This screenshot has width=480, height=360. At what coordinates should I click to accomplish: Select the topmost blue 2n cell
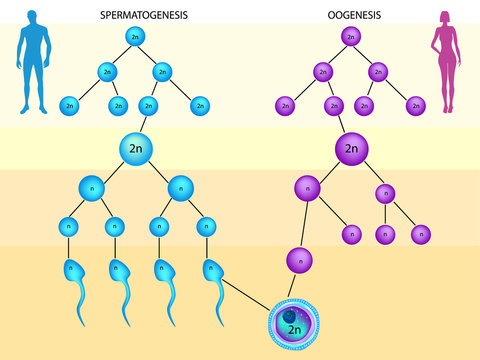[x=136, y=37]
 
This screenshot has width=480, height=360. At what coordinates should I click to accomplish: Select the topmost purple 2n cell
[x=349, y=37]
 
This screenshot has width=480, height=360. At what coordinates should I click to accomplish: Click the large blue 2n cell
[x=136, y=149]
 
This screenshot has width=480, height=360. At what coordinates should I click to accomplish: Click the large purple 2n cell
[x=350, y=149]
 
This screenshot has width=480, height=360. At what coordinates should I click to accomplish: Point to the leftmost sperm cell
[x=71, y=271]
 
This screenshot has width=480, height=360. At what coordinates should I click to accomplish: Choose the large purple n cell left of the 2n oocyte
[x=307, y=187]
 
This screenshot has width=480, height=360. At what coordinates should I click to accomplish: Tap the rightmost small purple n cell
[x=421, y=234]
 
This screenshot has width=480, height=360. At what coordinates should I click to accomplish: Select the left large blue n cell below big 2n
[x=91, y=187]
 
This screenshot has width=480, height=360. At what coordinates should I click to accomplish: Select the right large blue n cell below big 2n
[x=181, y=187]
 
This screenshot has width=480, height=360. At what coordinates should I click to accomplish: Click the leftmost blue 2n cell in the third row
[x=70, y=104]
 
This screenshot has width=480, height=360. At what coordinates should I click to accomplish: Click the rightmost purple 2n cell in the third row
[x=415, y=104]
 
